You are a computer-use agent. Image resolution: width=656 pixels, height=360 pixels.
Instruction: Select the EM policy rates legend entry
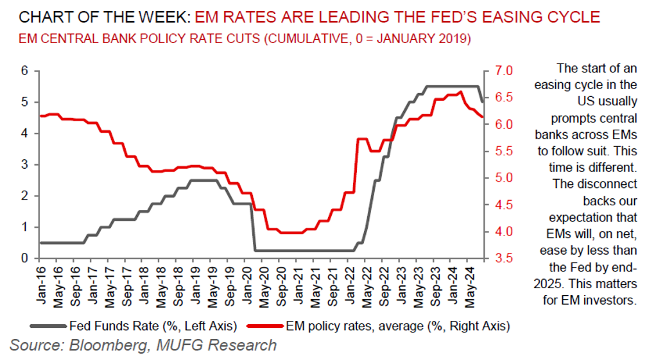pos(398,327)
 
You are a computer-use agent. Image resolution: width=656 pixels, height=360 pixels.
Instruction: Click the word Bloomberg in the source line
pos(100,345)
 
